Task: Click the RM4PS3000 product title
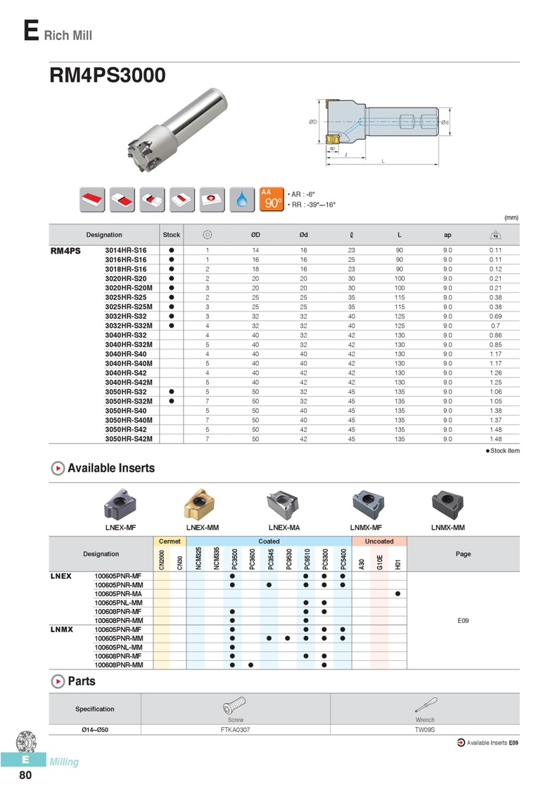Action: (x=108, y=75)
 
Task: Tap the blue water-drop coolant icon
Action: (x=242, y=199)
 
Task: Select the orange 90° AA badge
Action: (x=272, y=199)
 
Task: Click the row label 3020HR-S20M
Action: (x=129, y=288)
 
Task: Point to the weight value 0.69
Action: (x=495, y=316)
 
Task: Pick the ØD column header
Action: (x=255, y=235)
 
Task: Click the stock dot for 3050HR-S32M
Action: (x=172, y=401)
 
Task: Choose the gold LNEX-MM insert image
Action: (x=201, y=504)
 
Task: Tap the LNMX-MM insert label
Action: (x=448, y=527)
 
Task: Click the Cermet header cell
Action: (x=170, y=541)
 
